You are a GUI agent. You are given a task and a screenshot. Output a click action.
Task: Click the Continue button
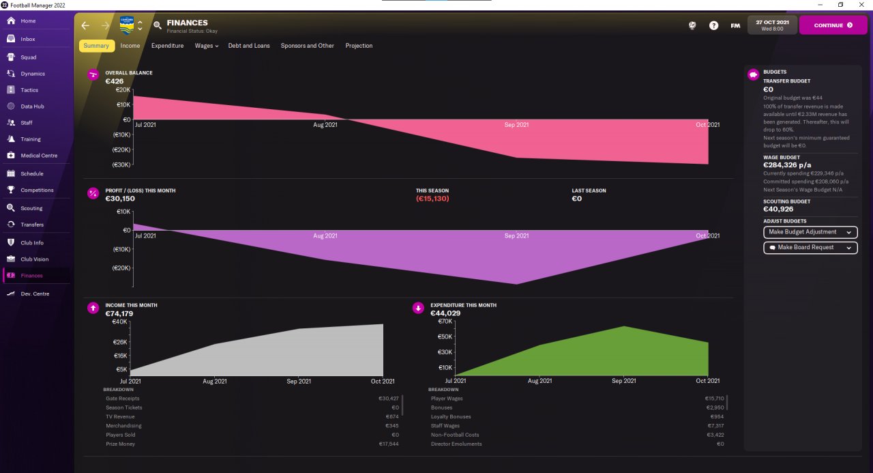click(x=833, y=25)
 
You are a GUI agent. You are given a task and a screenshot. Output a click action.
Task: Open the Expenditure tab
click(x=167, y=46)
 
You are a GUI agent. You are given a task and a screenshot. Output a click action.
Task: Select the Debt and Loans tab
click(x=249, y=46)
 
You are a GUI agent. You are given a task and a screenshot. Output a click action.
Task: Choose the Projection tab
click(x=359, y=46)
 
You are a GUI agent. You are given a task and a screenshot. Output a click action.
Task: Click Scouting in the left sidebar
click(x=31, y=208)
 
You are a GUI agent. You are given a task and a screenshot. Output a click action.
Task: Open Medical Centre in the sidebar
click(x=39, y=156)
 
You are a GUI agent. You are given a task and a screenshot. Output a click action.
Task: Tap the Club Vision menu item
click(x=34, y=259)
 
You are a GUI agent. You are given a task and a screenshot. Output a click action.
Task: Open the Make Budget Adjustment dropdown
click(x=810, y=232)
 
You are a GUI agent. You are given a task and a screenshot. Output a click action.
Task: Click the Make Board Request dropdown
click(x=810, y=248)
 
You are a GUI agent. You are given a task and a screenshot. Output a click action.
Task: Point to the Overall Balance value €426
click(x=114, y=81)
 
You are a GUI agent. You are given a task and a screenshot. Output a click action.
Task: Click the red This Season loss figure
click(x=432, y=199)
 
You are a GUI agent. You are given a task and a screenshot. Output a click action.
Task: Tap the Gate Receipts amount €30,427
click(x=388, y=399)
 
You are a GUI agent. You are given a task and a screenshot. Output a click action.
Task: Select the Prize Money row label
click(x=120, y=444)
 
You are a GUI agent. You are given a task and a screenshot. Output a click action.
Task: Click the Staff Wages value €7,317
click(x=715, y=426)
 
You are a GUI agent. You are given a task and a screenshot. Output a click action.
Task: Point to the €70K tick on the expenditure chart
click(x=445, y=321)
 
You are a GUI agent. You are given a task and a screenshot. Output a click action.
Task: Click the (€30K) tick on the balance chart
click(x=121, y=164)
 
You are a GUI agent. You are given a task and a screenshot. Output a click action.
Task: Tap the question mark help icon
click(x=713, y=26)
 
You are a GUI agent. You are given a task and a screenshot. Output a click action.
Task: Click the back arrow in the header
click(x=85, y=26)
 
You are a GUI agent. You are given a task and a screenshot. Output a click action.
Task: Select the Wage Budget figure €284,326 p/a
click(x=787, y=165)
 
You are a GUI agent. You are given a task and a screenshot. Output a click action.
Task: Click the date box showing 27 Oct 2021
click(x=772, y=25)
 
